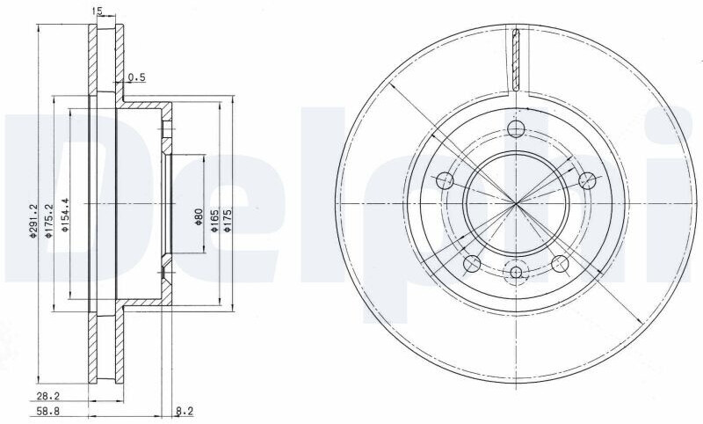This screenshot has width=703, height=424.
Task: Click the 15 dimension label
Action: coord(98,11)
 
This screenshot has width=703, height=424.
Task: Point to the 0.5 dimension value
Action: coord(137,77)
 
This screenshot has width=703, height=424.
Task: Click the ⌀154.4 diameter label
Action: coord(65,215)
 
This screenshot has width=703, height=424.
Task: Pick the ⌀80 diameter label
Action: coord(199,216)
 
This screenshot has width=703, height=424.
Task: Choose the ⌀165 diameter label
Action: coord(214,220)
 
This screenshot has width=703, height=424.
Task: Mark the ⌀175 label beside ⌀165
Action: coord(228,220)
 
